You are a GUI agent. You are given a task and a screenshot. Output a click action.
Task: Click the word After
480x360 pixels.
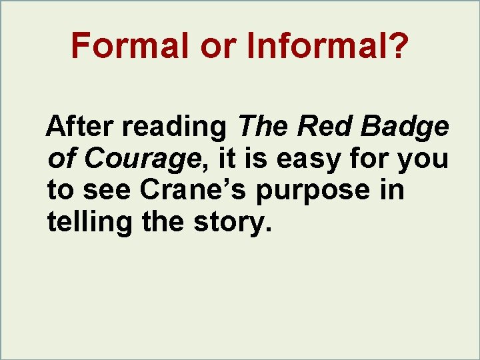(83, 126)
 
